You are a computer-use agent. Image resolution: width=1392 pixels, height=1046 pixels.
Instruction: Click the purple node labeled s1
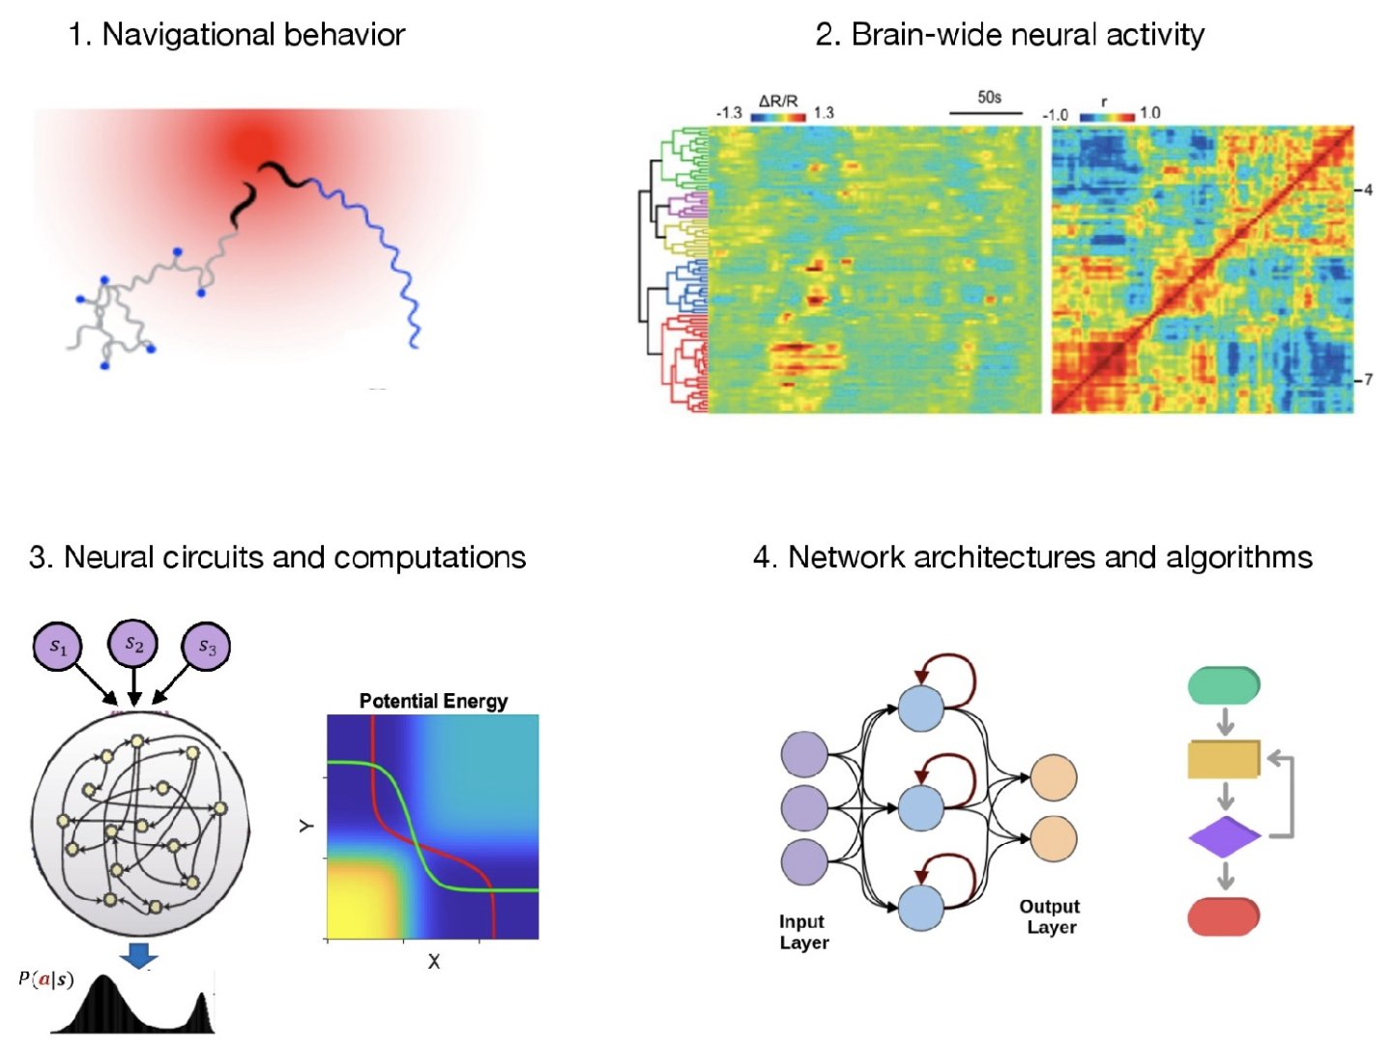[58, 647]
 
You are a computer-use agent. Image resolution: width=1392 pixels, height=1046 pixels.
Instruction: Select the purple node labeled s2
[133, 645]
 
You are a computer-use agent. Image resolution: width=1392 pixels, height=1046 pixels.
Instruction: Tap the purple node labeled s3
[207, 647]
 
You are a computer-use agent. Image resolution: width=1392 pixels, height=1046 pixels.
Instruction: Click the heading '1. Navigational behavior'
[237, 35]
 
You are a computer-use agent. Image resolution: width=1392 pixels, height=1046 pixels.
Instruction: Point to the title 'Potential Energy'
[433, 701]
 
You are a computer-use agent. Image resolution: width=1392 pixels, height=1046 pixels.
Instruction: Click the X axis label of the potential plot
[434, 962]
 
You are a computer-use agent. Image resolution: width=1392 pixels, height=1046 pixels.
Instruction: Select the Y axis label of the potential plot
[306, 826]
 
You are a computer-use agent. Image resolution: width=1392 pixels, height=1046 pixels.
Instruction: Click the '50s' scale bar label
[989, 98]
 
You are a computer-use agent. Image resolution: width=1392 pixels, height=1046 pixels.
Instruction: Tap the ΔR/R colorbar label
[778, 102]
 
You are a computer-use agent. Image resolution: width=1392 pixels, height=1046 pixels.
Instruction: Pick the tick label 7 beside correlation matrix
[1368, 380]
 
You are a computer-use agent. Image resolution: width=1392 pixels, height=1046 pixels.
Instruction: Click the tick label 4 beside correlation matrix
[1368, 190]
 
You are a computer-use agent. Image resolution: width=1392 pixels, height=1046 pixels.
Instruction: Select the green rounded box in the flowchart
[1224, 685]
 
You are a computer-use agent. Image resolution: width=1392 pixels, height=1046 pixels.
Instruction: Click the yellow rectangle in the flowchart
[1224, 760]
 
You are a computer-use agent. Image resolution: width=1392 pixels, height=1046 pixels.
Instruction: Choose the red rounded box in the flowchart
[1224, 916]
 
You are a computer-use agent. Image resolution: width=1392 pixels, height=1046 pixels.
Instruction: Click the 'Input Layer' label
[803, 932]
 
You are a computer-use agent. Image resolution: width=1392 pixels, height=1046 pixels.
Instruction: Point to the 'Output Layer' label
[1050, 916]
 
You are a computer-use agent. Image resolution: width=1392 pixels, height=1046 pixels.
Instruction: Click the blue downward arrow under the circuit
[139, 957]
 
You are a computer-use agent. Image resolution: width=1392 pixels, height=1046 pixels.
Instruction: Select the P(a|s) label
[45, 979]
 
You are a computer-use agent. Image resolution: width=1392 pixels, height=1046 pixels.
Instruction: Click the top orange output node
[1054, 777]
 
